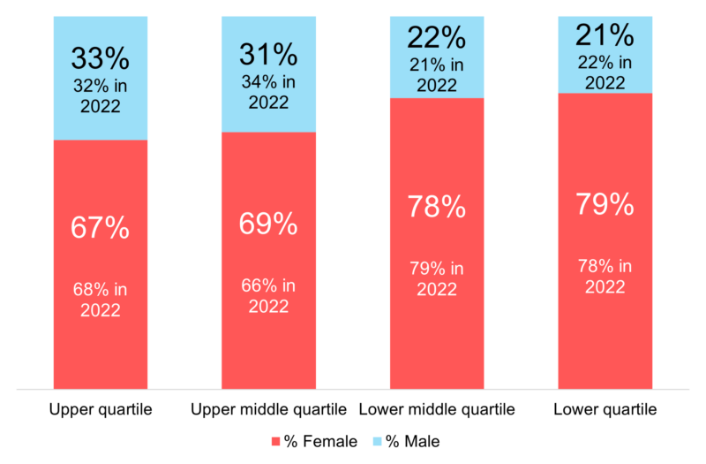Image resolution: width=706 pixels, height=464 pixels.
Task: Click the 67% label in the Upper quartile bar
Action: point(100,227)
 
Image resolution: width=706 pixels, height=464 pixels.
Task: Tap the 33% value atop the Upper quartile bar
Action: point(100,59)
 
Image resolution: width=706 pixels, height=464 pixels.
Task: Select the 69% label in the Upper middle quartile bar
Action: point(268,224)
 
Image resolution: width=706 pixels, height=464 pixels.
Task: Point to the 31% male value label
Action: point(268,55)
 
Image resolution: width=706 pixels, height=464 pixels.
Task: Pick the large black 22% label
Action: point(437,37)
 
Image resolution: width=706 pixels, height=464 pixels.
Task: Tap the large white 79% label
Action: point(605,204)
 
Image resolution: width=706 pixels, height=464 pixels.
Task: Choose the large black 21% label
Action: point(605,35)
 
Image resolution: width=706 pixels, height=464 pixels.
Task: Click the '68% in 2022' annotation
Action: point(100,300)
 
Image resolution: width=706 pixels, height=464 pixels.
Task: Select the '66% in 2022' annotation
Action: point(268,296)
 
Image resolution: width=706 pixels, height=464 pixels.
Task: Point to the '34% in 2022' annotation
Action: point(268,92)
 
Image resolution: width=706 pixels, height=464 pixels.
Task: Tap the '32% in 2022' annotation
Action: point(100,95)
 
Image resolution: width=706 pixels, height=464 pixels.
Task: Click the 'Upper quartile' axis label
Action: point(100,410)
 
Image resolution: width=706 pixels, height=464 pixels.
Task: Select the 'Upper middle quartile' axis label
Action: point(268,410)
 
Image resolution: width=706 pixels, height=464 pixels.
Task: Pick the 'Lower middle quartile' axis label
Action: point(437,410)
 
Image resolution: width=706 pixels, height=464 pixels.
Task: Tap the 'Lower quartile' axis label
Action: point(605,410)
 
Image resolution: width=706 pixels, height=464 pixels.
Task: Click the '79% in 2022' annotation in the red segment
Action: point(437,278)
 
